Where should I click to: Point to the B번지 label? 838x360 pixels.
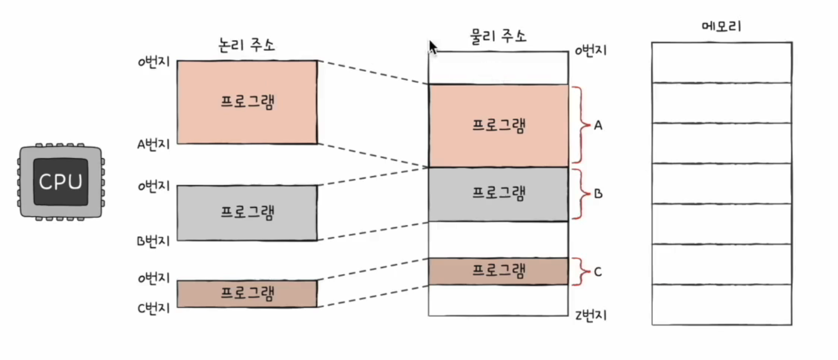(153, 241)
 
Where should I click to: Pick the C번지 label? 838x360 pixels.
(153, 308)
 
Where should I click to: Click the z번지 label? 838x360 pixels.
(591, 315)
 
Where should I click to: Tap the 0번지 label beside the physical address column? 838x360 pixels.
(591, 51)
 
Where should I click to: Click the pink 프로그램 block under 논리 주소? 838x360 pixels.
(247, 102)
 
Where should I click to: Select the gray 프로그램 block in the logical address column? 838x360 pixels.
(247, 213)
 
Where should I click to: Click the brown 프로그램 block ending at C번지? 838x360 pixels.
(247, 294)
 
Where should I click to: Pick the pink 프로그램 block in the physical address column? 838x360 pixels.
(498, 126)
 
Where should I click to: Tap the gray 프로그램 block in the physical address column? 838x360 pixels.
(498, 194)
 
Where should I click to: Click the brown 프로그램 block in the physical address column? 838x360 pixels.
(498, 271)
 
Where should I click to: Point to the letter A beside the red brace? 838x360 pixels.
(598, 126)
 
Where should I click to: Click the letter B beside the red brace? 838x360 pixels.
(598, 194)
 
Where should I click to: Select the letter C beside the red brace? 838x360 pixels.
(598, 272)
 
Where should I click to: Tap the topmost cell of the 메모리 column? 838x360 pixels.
(721, 63)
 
